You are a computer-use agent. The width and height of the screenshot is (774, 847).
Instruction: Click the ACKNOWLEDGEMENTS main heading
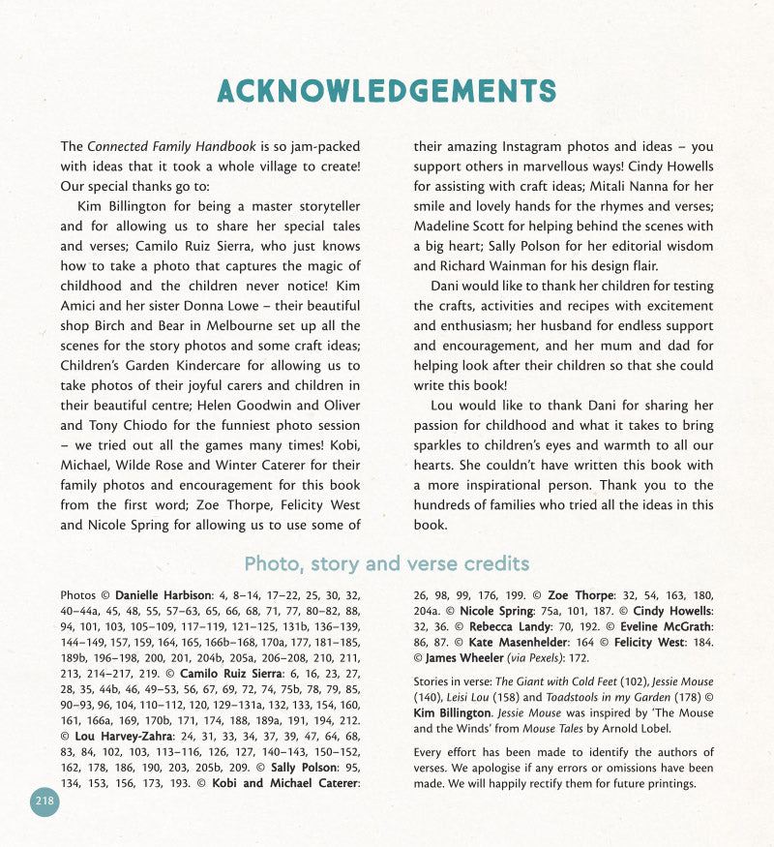pos(387,91)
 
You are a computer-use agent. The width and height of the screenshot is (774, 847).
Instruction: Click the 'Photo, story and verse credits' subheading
pos(387,563)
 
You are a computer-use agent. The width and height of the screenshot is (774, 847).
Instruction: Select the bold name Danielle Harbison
pos(163,595)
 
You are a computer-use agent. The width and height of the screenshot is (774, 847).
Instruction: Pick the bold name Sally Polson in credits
pos(298,766)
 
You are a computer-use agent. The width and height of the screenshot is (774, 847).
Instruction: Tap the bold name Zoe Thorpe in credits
pos(580,595)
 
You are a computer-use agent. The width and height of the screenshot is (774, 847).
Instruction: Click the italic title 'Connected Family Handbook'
pos(171,147)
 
